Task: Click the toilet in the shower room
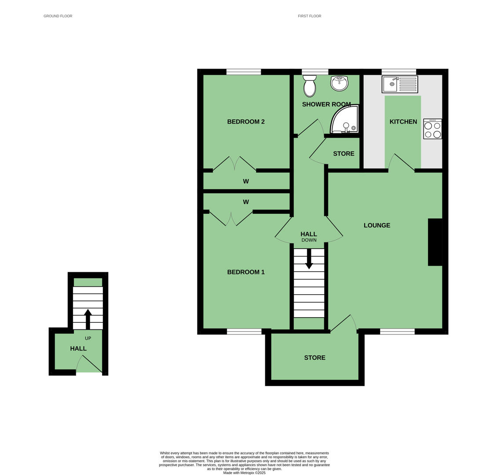(309, 86)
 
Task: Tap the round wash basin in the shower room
(339, 83)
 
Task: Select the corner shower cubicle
(344, 119)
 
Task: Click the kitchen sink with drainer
(400, 84)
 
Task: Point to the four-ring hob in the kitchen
(433, 129)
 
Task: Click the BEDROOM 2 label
(246, 122)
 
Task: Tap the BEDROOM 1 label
(246, 272)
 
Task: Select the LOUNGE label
(377, 225)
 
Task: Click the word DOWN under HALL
(309, 240)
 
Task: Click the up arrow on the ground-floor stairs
(88, 319)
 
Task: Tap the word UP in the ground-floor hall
(88, 338)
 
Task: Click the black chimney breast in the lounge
(435, 242)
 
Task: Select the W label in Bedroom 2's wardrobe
(246, 182)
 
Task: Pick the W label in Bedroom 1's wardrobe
(246, 202)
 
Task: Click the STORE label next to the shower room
(344, 153)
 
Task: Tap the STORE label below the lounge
(315, 358)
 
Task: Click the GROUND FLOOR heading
(58, 16)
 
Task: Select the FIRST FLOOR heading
(310, 16)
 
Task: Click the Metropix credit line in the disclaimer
(245, 473)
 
